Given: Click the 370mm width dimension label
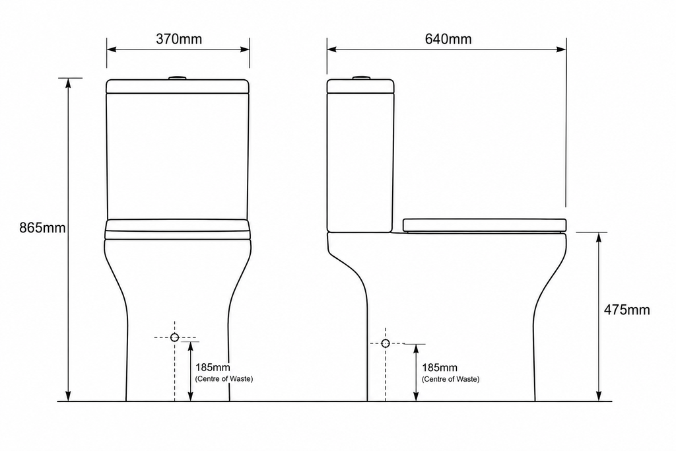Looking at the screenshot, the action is click(179, 39).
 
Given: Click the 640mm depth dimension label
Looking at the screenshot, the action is click(448, 39).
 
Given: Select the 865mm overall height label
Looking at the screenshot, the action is click(42, 228).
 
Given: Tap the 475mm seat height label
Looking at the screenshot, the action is click(626, 310).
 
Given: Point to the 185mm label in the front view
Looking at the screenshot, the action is click(213, 367).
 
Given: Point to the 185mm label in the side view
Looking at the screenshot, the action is click(440, 368).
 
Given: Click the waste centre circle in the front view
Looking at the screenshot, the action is click(174, 337).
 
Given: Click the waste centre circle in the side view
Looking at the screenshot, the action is click(386, 343).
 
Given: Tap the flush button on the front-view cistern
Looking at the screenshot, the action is click(177, 78).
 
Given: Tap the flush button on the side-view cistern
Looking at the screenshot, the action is click(361, 78).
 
